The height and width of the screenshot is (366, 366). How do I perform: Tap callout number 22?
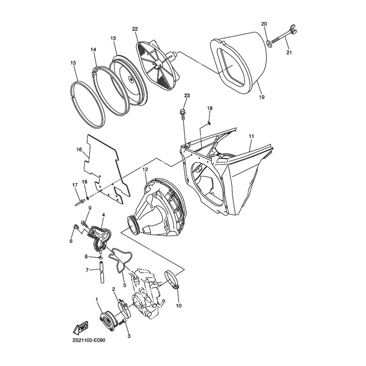coord(135,29)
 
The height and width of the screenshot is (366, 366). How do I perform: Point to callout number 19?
coord(262,97)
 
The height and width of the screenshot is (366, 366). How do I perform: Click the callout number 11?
coord(251,136)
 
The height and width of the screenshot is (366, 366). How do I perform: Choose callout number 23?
coord(187,96)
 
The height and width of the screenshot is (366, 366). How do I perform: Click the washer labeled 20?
coord(268,43)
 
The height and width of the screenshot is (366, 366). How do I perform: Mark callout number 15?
coord(73,63)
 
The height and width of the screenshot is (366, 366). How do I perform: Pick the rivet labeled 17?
coord(81,201)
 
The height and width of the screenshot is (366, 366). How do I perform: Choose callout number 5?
coord(124,285)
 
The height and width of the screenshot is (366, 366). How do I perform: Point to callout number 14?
coord(93,49)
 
